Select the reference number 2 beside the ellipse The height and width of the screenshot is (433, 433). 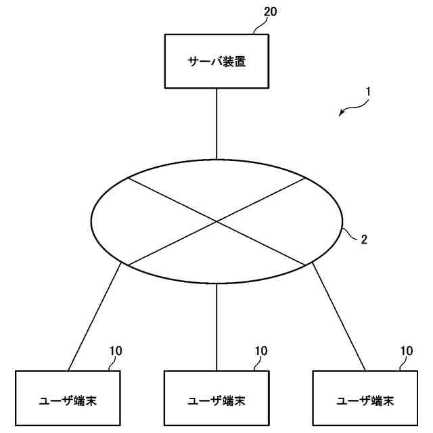[x=364, y=239]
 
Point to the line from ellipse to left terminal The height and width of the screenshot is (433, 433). [x=95, y=317]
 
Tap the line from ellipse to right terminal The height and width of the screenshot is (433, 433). [x=339, y=317]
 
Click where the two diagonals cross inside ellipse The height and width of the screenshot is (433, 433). [x=216, y=221]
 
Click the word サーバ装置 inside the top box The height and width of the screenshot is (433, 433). [x=216, y=62]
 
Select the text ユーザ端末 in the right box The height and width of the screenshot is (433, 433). [x=365, y=401]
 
